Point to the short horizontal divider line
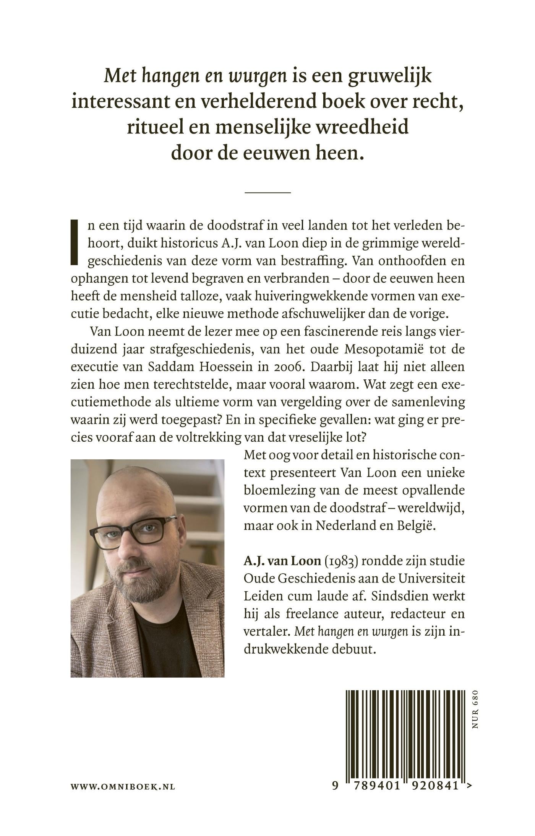[267, 192]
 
